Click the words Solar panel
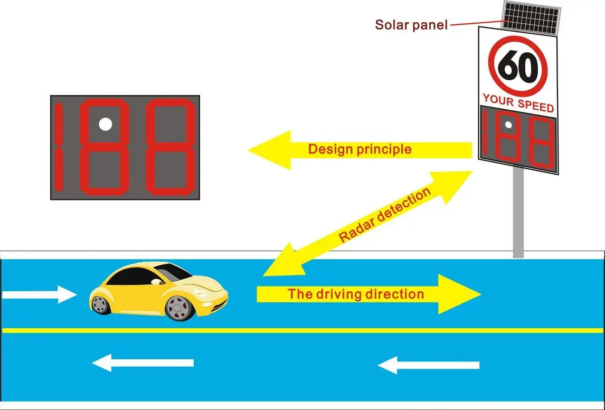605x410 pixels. (411, 24)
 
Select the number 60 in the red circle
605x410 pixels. (517, 67)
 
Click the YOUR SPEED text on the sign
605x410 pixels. (518, 102)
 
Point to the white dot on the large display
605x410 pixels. (106, 124)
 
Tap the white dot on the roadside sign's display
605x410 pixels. (508, 125)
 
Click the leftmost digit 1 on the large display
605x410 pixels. (59, 147)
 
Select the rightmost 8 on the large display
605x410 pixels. (170, 147)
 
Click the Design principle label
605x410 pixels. (359, 149)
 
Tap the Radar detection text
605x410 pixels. (384, 216)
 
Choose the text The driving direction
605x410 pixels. (355, 294)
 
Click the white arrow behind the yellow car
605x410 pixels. (40, 294)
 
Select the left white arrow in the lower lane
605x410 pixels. (143, 363)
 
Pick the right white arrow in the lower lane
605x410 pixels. (429, 365)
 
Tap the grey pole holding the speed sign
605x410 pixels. (518, 216)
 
